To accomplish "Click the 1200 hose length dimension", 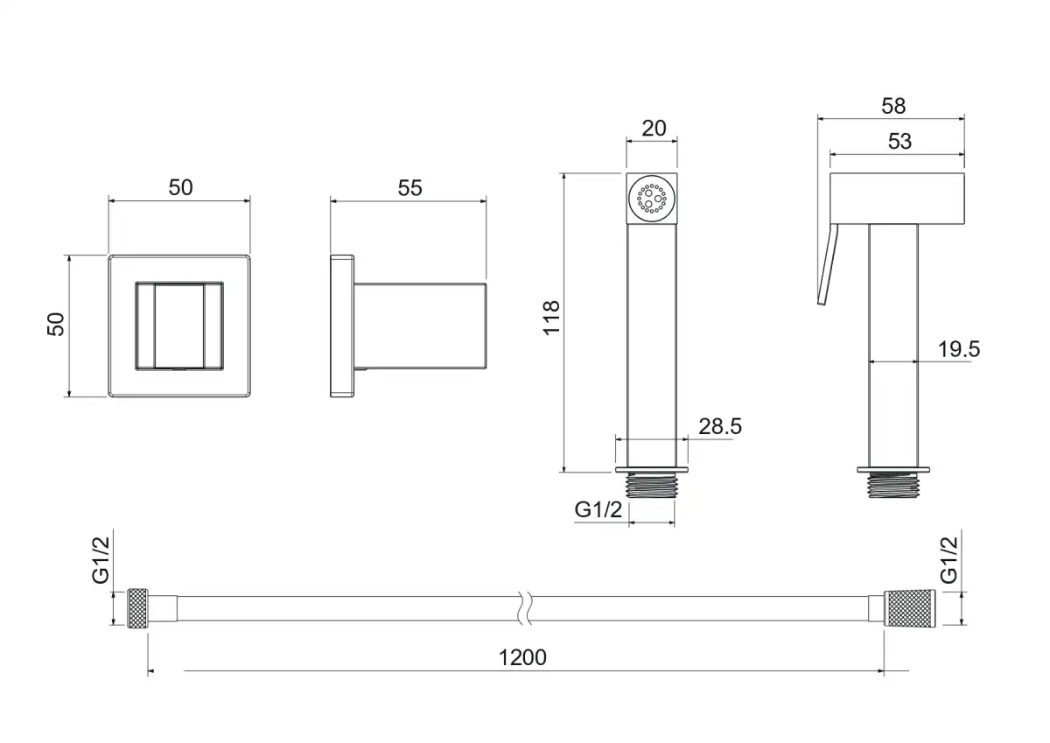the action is (522, 658).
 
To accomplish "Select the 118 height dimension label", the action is (552, 319).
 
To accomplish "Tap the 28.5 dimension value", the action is (720, 426).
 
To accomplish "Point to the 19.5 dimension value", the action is (959, 349).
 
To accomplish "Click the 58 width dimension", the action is (893, 106).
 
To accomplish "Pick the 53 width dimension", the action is (899, 142).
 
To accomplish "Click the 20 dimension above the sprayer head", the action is (654, 129).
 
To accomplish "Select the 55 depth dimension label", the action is (409, 188).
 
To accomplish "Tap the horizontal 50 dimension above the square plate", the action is (180, 187).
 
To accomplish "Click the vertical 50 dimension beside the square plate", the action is (55, 324).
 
